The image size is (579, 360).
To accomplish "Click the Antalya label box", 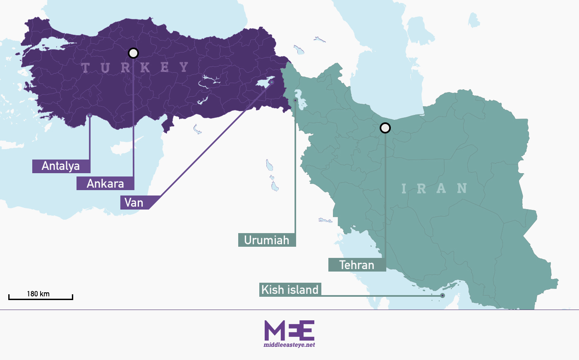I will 61,166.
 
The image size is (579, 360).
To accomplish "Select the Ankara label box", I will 105,183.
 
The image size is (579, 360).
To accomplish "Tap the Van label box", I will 134,203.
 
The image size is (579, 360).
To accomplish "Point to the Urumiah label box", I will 267,240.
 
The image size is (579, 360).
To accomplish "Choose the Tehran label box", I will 357,265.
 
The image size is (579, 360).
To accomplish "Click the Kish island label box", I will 290,289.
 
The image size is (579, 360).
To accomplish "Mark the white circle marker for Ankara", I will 133,53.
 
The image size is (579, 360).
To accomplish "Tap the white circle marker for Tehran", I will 385,128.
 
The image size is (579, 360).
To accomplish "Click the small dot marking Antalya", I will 90,115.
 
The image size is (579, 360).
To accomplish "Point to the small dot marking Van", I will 272,82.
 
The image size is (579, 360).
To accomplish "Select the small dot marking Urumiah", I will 295,100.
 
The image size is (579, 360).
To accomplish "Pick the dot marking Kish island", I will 443,296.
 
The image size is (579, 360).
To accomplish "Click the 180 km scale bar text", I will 38,294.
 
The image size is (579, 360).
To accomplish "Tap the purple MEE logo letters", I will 289,330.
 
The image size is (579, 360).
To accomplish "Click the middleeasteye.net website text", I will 289,345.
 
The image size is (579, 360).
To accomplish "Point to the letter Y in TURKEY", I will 184,67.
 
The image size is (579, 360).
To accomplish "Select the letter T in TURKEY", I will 86,67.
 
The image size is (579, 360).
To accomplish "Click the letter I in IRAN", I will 404,189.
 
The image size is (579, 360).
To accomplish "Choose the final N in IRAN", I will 462,188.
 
